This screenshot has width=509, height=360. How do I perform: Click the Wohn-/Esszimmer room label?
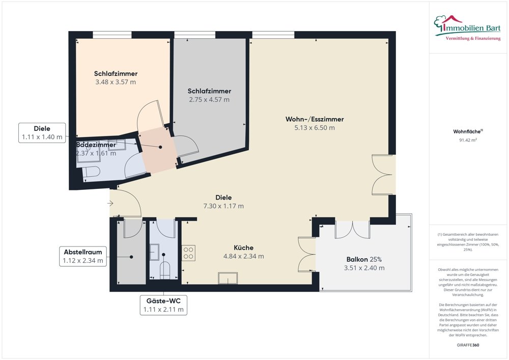pyautogui.click(x=314, y=119)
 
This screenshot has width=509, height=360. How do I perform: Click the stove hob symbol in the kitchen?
pyautogui.click(x=188, y=253)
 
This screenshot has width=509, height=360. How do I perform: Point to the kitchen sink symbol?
pyautogui.click(x=228, y=278)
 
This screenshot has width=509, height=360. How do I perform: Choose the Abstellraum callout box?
pyautogui.click(x=83, y=256)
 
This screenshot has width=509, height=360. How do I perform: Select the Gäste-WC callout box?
pyautogui.click(x=163, y=304)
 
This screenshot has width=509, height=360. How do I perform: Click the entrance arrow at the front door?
pyautogui.click(x=111, y=204)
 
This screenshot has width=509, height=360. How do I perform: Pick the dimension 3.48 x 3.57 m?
pyautogui.click(x=116, y=82)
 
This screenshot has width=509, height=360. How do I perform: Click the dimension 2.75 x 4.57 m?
pyautogui.click(x=209, y=100)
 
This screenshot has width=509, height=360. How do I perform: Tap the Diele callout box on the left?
pyautogui.click(x=42, y=132)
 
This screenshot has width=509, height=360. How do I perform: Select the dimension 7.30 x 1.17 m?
pyautogui.click(x=223, y=206)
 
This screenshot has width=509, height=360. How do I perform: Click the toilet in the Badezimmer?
pyautogui.click(x=91, y=173)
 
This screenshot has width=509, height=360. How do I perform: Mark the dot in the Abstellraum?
pyautogui.click(x=132, y=257)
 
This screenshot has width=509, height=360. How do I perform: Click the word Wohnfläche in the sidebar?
pyautogui.click(x=466, y=131)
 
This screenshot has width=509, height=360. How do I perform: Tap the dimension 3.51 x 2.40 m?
pyautogui.click(x=364, y=268)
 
